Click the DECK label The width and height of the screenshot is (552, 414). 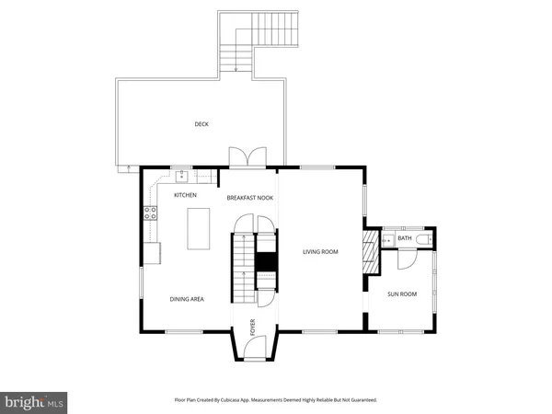[x=201, y=124]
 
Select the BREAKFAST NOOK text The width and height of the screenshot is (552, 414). [x=250, y=198]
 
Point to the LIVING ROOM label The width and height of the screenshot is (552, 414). [x=321, y=251]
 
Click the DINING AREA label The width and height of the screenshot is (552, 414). [x=187, y=298]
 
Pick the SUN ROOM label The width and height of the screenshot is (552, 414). [x=401, y=293]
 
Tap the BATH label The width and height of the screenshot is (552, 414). [x=405, y=238]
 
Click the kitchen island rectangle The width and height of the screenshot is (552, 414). [x=199, y=227]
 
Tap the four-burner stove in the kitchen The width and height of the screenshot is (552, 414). [x=148, y=213]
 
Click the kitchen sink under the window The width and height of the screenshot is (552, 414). [x=183, y=176]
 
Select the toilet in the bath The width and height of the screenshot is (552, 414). [x=423, y=239]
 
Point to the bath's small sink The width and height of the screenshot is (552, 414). [x=387, y=239]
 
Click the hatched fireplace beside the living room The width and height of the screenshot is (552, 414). [x=371, y=249]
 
